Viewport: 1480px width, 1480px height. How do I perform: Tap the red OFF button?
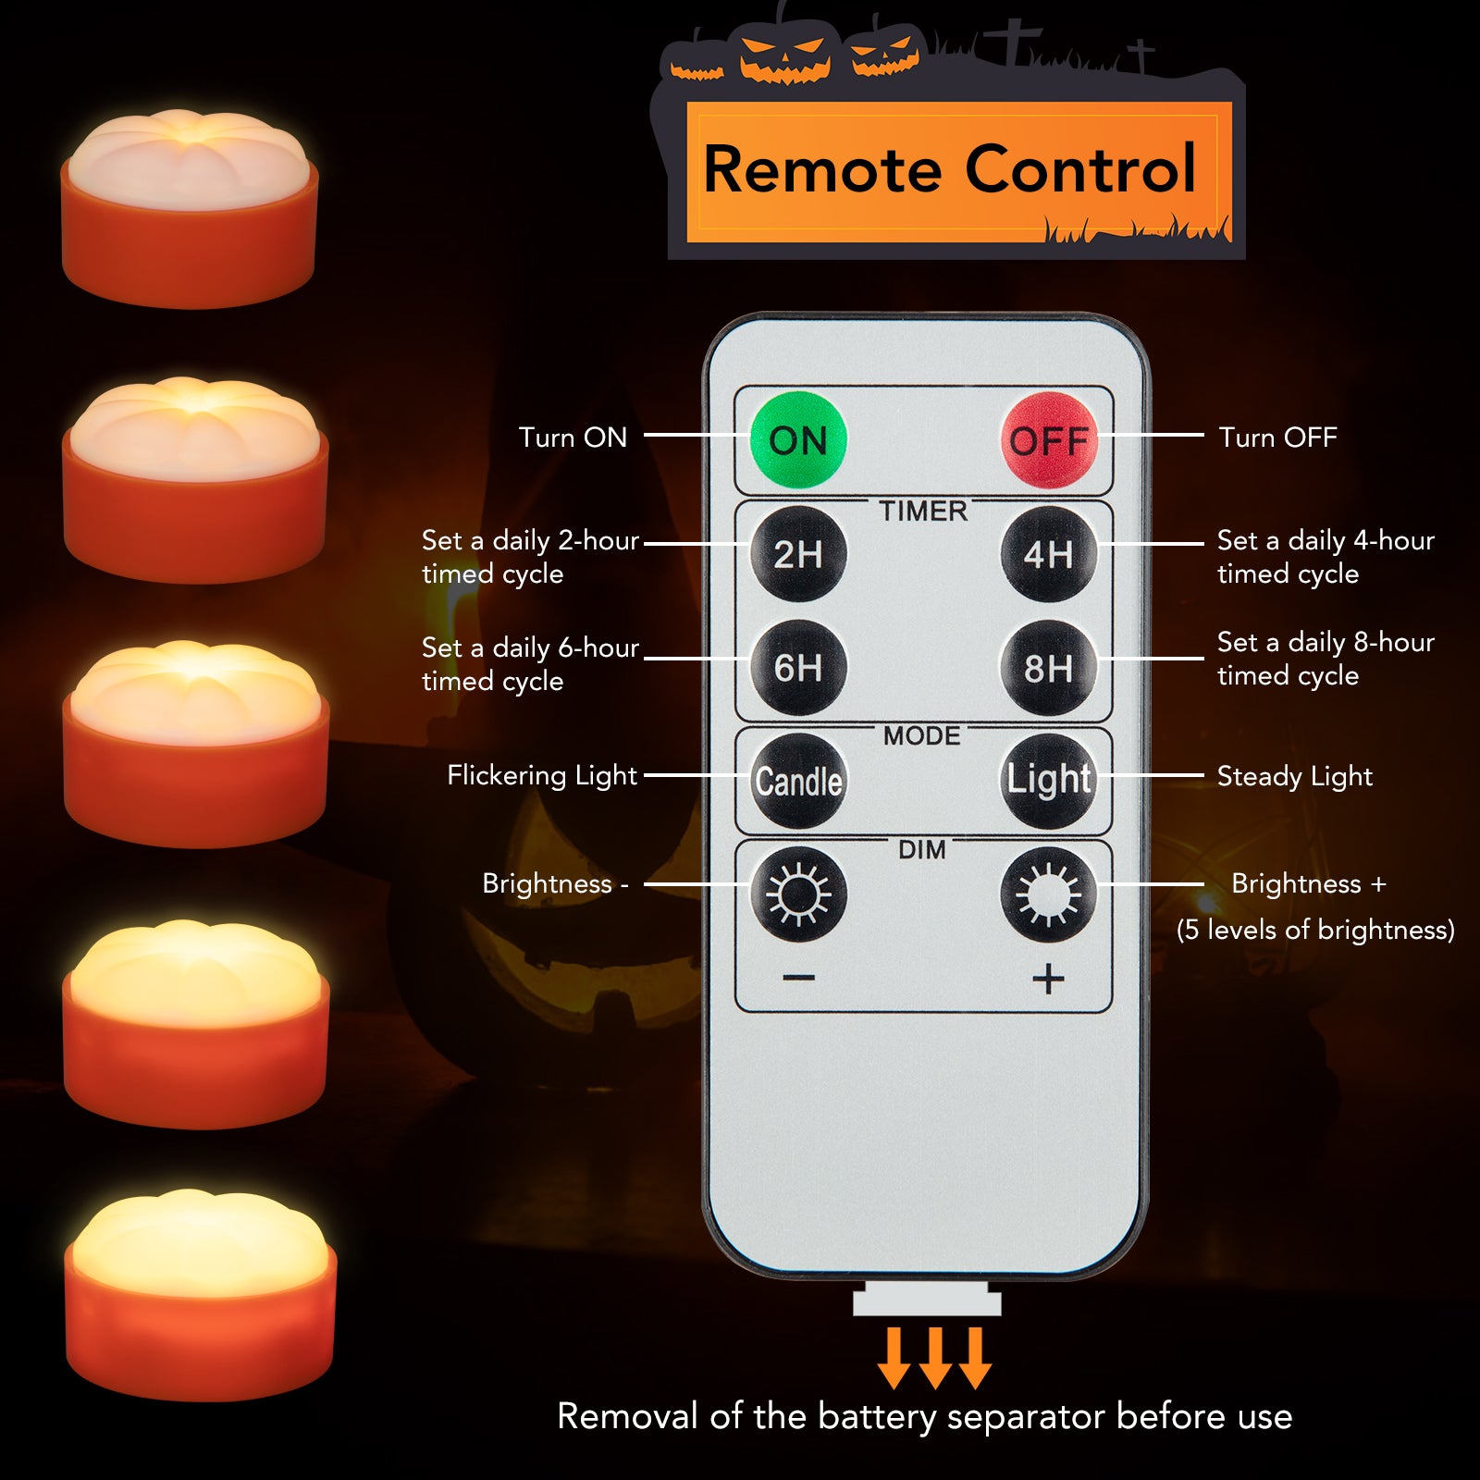1049,440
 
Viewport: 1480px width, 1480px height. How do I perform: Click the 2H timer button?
798,554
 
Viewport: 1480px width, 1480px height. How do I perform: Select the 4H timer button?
1049,554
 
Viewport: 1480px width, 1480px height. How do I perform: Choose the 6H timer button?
798,667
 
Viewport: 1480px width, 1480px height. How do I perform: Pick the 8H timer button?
1049,667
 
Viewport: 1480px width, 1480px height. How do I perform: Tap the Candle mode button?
798,781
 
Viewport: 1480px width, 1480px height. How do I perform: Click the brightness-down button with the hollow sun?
798,894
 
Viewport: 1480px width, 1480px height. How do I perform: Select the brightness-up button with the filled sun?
1049,894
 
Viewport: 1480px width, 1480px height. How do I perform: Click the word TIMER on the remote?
923,512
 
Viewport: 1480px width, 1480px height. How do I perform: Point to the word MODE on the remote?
922,736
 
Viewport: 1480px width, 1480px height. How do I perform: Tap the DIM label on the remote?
922,850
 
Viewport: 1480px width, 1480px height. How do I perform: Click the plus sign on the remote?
1048,979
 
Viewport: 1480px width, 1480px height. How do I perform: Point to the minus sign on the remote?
798,978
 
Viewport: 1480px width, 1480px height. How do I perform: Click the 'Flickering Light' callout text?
542,775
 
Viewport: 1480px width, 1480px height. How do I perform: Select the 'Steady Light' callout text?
1295,776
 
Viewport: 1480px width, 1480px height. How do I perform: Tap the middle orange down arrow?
934,1358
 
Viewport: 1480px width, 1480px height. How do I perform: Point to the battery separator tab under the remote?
927,1299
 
